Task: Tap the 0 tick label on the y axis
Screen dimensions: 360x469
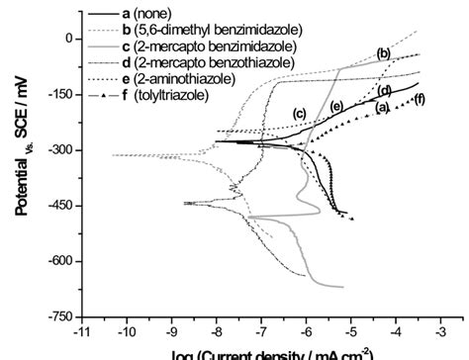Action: point(68,39)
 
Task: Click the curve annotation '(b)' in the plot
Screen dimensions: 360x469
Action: point(385,51)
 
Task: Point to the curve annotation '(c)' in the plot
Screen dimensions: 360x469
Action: point(299,114)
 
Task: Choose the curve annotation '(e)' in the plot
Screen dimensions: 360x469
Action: point(336,106)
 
